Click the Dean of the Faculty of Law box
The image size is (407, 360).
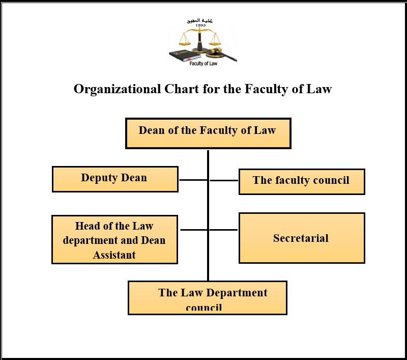pyautogui.click(x=208, y=133)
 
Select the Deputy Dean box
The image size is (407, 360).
pyautogui.click(x=115, y=179)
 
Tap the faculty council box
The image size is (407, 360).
pyautogui.click(x=302, y=181)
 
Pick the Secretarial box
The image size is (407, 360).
pyautogui.click(x=302, y=238)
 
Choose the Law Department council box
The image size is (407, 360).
pyautogui.click(x=207, y=298)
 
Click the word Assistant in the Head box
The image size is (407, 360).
pyautogui.click(x=114, y=255)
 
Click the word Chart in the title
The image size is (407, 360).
pyautogui.click(x=181, y=89)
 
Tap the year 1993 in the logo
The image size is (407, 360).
pyautogui.click(x=200, y=25)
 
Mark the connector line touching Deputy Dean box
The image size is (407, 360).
pyautogui.click(x=193, y=180)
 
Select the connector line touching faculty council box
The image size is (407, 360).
pyautogui.click(x=224, y=180)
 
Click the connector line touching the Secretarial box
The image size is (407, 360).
pyautogui.click(x=224, y=230)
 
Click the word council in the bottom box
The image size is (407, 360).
pyautogui.click(x=204, y=308)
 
